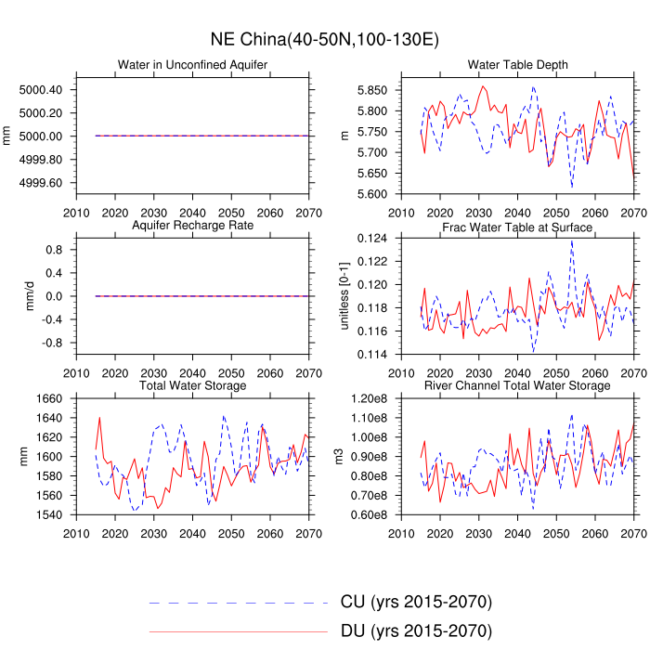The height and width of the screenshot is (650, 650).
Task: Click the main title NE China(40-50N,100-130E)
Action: [324, 40]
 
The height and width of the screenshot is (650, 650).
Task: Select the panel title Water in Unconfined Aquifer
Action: [192, 64]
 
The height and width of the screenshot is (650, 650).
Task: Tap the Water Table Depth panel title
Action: [518, 64]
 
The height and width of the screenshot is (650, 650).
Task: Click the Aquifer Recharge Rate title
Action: [192, 226]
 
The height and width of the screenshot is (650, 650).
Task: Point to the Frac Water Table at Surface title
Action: [518, 227]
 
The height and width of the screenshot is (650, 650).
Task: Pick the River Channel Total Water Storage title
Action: [518, 385]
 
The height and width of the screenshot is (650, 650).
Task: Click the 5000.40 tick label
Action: [41, 90]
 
